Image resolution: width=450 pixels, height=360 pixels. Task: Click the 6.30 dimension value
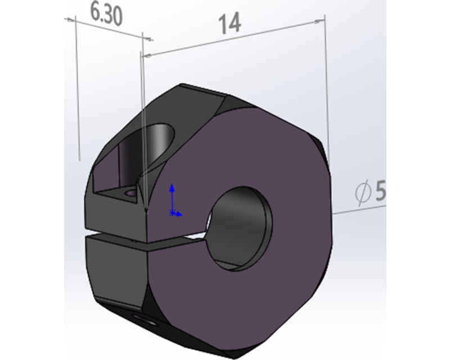click(x=106, y=15)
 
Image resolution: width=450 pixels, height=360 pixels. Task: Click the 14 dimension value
click(x=229, y=24)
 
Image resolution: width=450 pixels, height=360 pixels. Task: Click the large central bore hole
click(x=240, y=229)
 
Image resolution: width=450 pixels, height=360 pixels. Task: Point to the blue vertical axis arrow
click(x=172, y=198)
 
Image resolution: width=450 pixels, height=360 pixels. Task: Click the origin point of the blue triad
click(x=172, y=213)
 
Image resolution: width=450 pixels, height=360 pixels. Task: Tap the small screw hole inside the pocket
click(x=131, y=192)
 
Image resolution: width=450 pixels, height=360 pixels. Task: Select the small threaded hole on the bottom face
click(x=145, y=319)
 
